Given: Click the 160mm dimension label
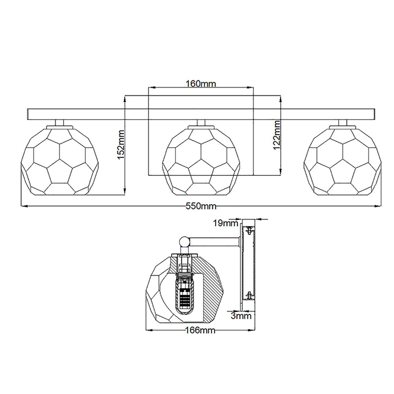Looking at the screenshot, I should coord(201,84).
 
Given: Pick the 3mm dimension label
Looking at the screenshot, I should coord(241,315).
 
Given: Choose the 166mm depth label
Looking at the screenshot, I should coord(200,330).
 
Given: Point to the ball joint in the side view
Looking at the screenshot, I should coord(185,242).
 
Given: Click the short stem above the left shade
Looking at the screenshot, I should coord(60,123).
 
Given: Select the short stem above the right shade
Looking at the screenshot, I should coord(343,123).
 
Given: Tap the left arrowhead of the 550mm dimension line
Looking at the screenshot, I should coord(24,206).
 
